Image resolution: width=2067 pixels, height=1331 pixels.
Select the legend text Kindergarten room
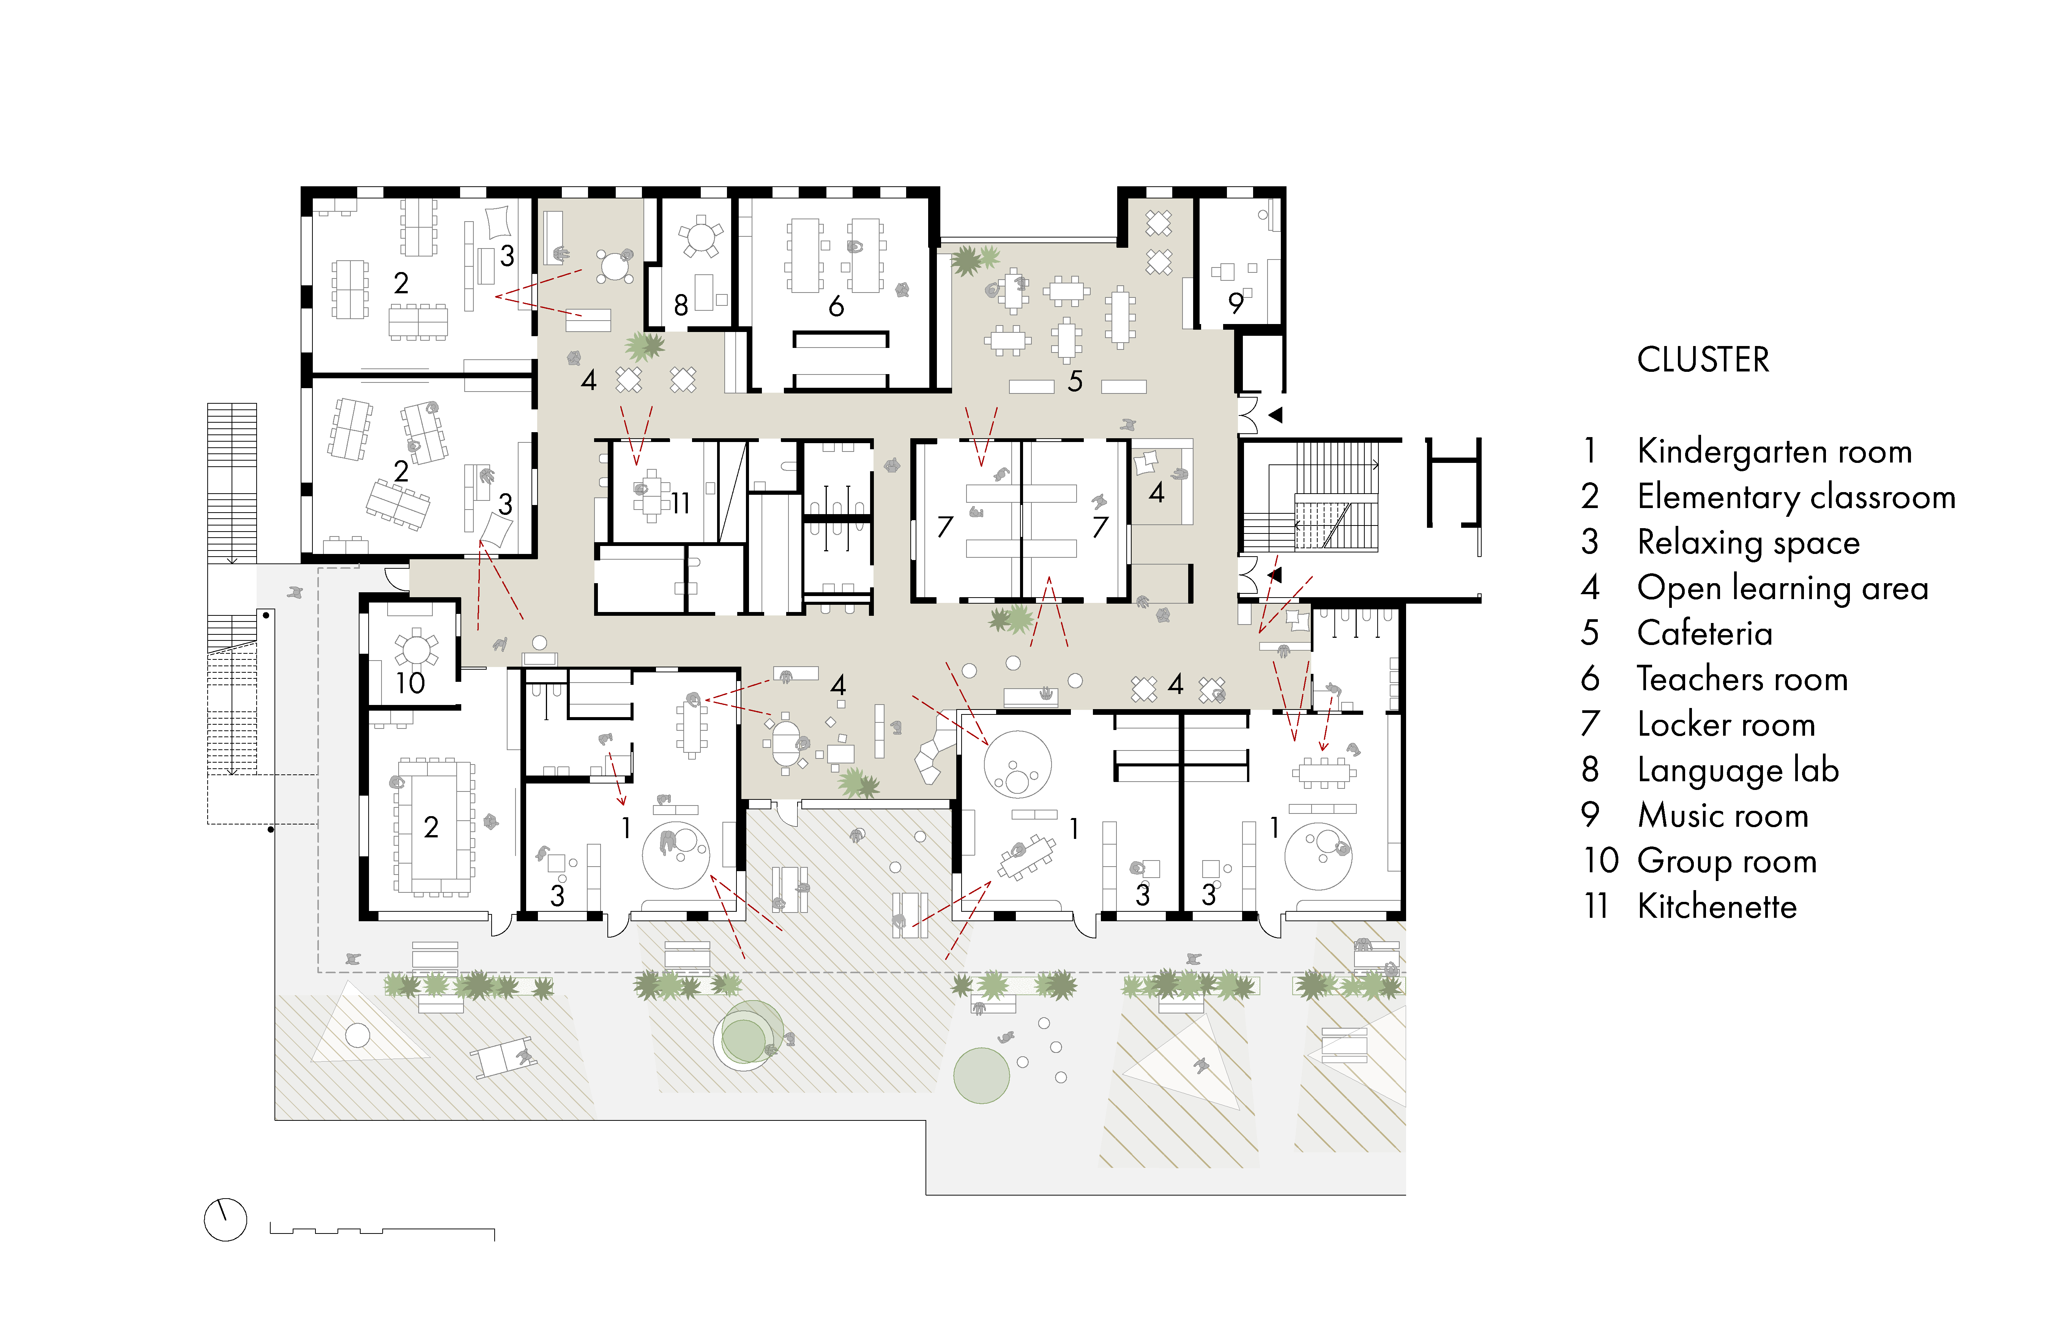tap(1774, 451)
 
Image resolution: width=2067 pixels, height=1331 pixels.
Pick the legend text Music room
tap(1722, 816)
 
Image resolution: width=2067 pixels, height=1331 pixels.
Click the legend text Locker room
tap(1725, 724)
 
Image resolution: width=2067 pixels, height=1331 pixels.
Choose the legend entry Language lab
tap(1737, 770)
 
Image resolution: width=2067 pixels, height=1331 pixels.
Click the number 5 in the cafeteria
tap(1075, 381)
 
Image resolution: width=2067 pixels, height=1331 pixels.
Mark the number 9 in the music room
tap(1235, 304)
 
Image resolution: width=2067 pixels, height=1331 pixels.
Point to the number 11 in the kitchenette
tap(680, 503)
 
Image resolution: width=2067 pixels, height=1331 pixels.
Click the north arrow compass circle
tap(225, 1219)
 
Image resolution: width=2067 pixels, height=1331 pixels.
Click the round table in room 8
tap(700, 236)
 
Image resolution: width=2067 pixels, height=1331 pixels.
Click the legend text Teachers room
tap(1742, 679)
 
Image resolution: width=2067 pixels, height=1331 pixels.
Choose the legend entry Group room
tap(1726, 862)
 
